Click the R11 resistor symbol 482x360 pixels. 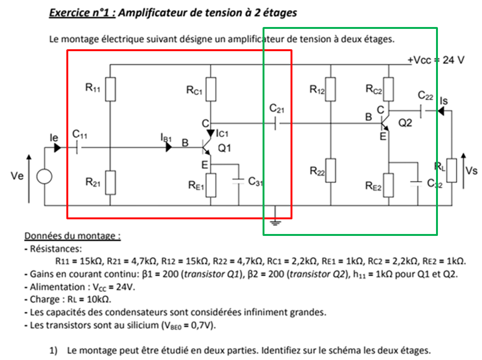click(x=110, y=89)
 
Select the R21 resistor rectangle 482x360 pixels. click(x=110, y=182)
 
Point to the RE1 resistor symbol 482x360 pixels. click(x=211, y=185)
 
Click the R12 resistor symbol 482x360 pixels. click(x=330, y=89)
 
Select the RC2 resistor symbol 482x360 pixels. click(x=388, y=89)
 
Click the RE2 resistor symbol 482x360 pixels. click(x=388, y=185)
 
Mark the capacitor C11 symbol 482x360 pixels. click(x=77, y=147)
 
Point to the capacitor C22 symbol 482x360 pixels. click(x=423, y=111)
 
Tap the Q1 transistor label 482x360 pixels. click(x=224, y=148)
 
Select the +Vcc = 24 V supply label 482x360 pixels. click(x=436, y=60)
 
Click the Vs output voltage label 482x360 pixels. click(x=471, y=171)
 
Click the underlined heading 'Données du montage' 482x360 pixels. click(x=72, y=236)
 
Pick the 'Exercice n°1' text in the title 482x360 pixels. click(x=82, y=12)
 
